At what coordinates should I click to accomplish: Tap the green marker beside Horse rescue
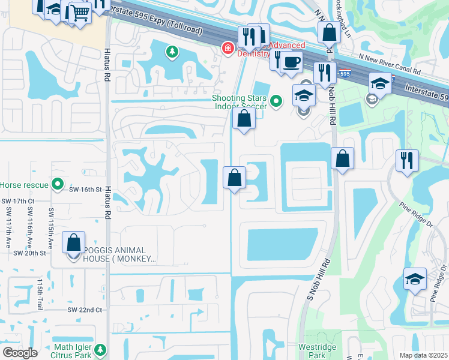click(x=58, y=184)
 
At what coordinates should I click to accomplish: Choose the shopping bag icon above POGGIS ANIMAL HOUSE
click(x=73, y=243)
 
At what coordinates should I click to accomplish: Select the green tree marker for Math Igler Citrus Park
click(x=101, y=349)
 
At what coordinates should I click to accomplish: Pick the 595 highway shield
click(x=343, y=73)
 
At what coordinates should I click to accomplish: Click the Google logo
click(x=20, y=353)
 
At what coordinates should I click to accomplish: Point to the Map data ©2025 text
click(x=424, y=355)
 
